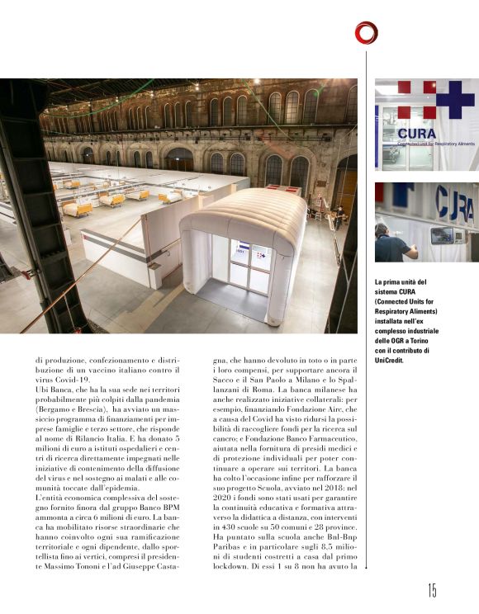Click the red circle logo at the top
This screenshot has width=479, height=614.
click(366, 32)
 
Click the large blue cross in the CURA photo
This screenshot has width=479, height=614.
click(453, 101)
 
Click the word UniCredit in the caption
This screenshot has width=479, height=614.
click(393, 360)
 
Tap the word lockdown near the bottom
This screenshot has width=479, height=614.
click(234, 568)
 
